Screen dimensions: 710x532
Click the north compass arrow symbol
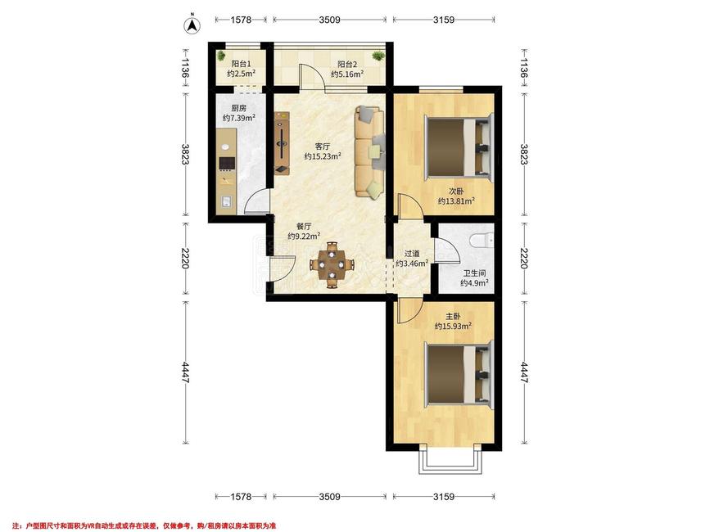[192, 25]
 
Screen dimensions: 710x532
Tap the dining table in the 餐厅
[332, 264]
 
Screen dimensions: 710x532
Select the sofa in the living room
[370, 152]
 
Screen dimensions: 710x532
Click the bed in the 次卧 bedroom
[458, 147]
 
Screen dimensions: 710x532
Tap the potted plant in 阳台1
[221, 56]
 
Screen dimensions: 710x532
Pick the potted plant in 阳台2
[378, 56]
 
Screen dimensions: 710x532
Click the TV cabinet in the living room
[282, 143]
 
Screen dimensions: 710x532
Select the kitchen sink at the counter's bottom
[226, 201]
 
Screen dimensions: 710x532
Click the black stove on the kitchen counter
[227, 164]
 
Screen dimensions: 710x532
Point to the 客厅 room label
[323, 147]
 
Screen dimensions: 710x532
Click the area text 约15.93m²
[453, 327]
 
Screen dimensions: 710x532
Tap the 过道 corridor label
[412, 254]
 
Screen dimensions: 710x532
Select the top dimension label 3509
[330, 20]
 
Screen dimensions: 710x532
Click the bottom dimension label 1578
[241, 497]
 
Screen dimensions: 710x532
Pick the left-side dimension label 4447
[185, 372]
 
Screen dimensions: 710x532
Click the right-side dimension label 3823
[524, 154]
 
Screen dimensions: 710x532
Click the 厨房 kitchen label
[238, 108]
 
